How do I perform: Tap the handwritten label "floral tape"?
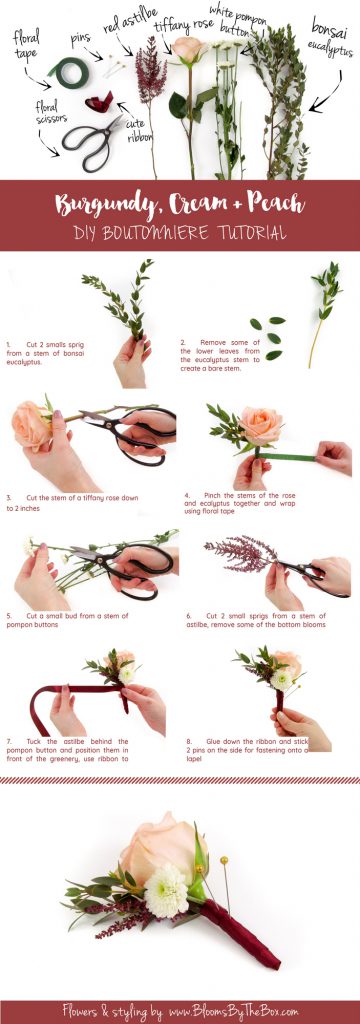tap(26, 45)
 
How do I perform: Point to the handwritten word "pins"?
tap(80, 38)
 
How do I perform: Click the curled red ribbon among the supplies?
tap(99, 101)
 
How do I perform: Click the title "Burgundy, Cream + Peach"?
tap(180, 204)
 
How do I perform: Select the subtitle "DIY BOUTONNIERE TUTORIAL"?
tap(180, 233)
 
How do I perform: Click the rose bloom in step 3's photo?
tap(31, 424)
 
